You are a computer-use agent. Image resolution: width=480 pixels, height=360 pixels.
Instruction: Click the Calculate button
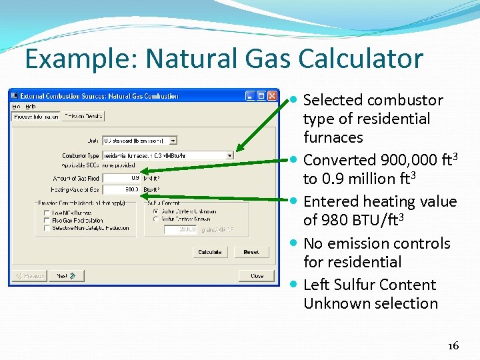point(209,252)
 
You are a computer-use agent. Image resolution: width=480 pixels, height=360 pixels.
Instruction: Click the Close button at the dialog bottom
point(257,275)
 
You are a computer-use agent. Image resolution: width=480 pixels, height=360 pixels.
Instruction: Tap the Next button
point(67,275)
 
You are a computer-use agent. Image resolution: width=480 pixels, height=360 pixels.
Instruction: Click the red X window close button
point(272,95)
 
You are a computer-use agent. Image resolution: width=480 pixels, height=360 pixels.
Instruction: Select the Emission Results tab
point(84,116)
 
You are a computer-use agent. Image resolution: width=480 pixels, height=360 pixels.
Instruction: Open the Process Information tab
point(36,116)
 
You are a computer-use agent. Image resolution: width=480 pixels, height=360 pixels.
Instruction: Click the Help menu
point(31,106)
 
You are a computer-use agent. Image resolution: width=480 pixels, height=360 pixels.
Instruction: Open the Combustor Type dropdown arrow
point(230,155)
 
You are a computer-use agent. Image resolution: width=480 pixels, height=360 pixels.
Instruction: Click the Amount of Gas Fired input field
point(121,178)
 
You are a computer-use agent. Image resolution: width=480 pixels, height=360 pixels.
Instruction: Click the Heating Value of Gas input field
point(121,189)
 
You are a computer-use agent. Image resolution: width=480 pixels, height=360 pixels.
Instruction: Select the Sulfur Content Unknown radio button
point(156,211)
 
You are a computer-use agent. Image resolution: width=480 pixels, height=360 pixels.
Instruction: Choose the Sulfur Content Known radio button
point(156,219)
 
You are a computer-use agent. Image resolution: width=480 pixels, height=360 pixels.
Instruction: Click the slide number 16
point(453,345)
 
